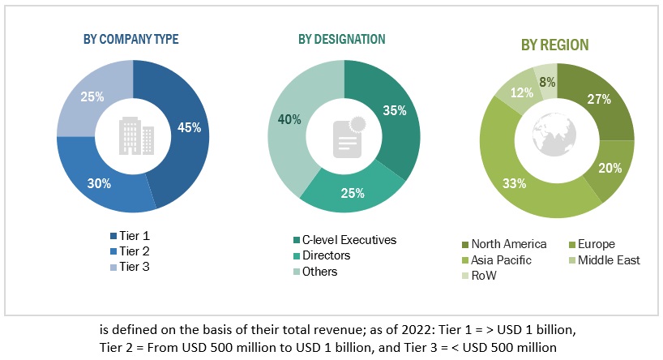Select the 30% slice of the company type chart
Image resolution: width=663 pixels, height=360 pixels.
coord(100,184)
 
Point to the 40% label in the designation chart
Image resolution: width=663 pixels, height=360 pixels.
coord(290,120)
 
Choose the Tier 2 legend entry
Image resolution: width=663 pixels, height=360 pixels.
coord(134,251)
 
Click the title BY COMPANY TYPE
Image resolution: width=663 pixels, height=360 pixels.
coord(132,39)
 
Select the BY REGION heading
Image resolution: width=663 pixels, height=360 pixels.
coord(555,45)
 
